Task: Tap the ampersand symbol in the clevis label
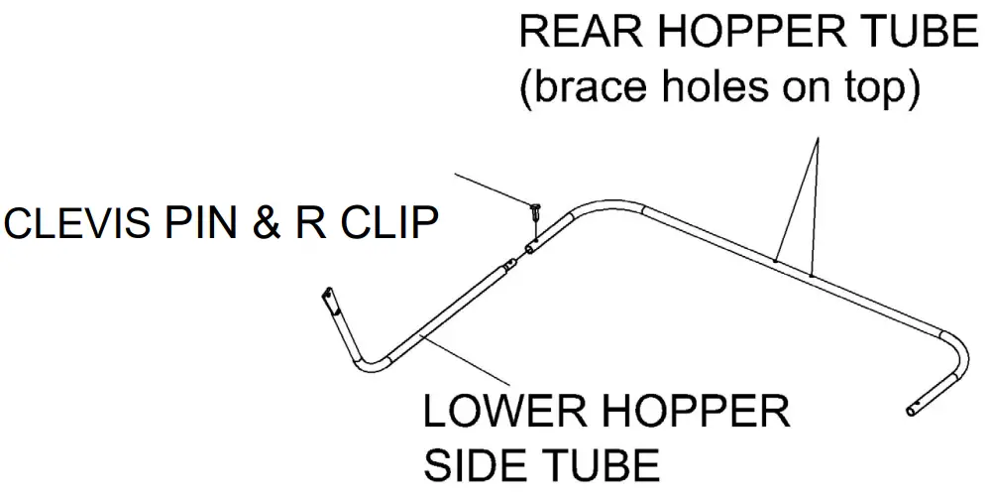[267, 224]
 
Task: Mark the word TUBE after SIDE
[596, 464]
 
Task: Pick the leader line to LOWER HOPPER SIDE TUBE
[466, 362]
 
